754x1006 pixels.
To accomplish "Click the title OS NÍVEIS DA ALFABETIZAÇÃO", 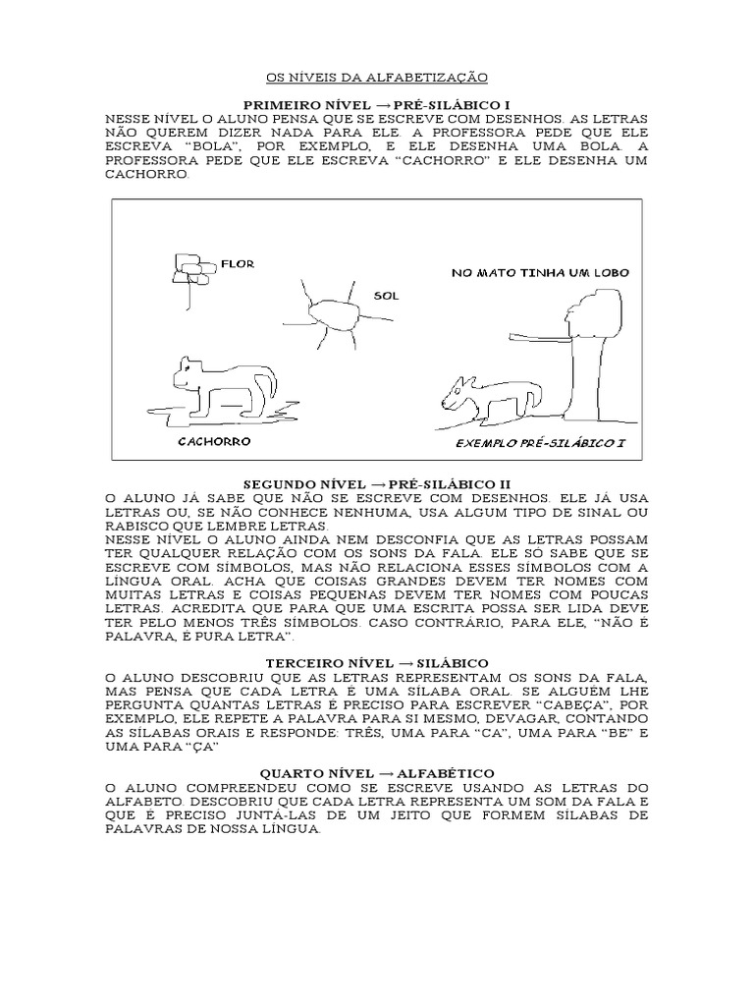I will click(x=377, y=77).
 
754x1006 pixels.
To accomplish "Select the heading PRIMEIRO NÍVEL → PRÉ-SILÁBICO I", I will click(x=377, y=104).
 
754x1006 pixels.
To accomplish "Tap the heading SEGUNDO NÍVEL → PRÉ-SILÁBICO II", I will click(x=377, y=485).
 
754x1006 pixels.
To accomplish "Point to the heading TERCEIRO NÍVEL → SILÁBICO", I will click(x=377, y=664).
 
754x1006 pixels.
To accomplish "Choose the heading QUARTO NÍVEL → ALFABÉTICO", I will click(x=377, y=774).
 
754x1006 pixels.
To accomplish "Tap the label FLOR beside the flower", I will click(x=238, y=264).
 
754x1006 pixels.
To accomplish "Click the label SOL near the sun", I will click(x=386, y=295).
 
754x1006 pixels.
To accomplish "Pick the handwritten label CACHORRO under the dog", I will click(x=214, y=441).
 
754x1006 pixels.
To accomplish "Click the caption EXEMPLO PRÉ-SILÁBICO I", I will click(x=540, y=443).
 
